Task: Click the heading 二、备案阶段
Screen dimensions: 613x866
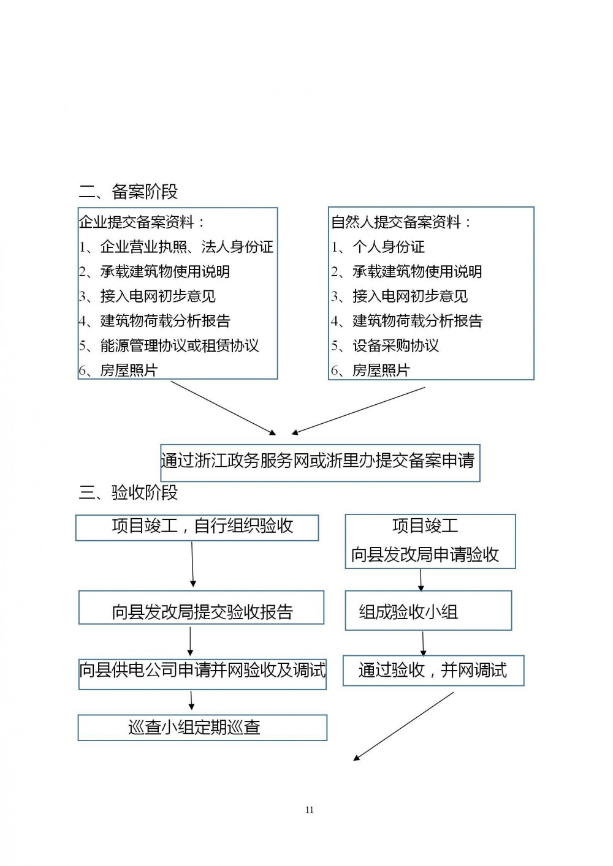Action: [x=128, y=191]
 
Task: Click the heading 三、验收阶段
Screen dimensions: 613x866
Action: [x=128, y=492]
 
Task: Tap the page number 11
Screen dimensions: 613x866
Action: [x=309, y=810]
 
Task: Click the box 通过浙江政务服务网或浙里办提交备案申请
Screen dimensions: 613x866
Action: [x=320, y=463]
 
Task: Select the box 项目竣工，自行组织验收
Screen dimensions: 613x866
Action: [x=197, y=528]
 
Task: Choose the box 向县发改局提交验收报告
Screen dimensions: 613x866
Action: [x=201, y=608]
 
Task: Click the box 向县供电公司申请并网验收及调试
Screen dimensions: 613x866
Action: [x=202, y=674]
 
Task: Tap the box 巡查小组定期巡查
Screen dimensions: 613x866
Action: [x=202, y=728]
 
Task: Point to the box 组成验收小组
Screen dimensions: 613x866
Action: [x=428, y=611]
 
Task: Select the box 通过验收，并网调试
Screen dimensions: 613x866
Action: [x=433, y=671]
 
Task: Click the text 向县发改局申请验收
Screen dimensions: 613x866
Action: [x=425, y=554]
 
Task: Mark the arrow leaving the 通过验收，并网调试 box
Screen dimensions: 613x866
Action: [x=403, y=726]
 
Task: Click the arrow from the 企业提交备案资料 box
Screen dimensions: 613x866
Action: [x=223, y=409]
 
